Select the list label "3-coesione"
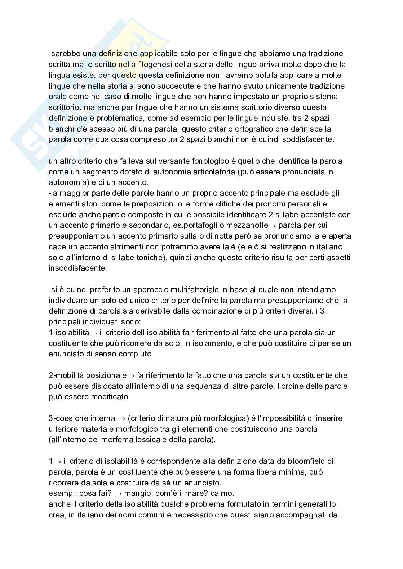click(x=68, y=418)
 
